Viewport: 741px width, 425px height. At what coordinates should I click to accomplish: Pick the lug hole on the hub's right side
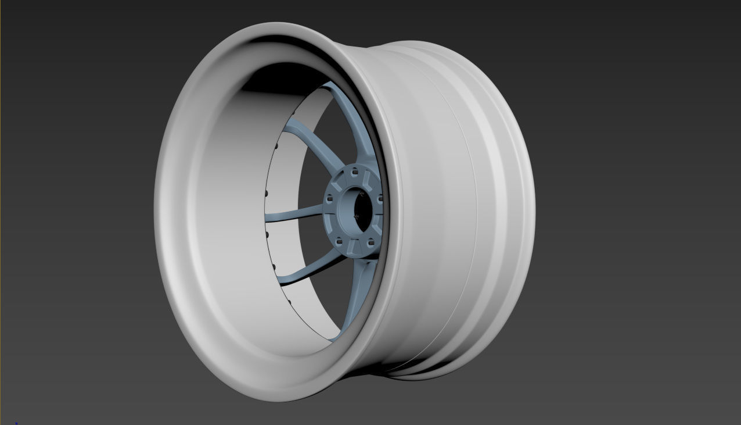[380, 199]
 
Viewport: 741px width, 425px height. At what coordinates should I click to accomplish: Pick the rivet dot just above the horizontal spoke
[265, 193]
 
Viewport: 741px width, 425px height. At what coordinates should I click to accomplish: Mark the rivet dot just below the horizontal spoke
[267, 235]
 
